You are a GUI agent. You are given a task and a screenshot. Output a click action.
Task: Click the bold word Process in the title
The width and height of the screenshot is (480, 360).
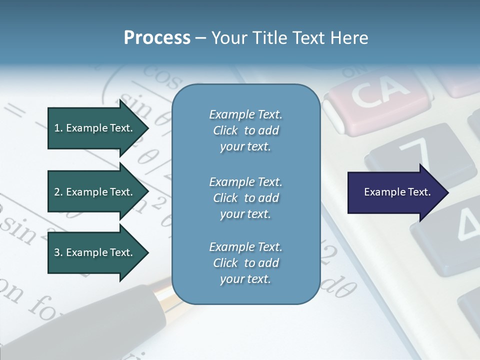coord(157,38)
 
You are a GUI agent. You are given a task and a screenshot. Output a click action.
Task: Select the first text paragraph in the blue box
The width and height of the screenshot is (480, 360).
coord(245,130)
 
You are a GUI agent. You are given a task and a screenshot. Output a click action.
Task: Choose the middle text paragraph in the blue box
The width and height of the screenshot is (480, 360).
coord(245,198)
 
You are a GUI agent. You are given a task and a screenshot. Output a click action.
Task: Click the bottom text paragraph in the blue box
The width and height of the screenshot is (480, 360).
coord(245,263)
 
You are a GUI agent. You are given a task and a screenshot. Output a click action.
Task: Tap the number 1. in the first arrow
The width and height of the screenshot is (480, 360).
coord(58,128)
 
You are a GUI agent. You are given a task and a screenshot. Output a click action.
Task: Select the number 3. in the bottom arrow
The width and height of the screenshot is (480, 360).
coord(58,252)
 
